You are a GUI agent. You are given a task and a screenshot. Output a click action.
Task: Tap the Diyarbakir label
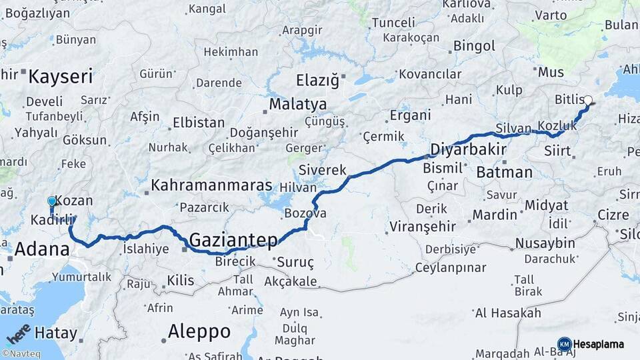pyautogui.click(x=468, y=149)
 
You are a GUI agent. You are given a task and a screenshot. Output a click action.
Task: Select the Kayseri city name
pyautogui.click(x=60, y=76)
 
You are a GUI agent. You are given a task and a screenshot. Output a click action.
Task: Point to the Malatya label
pyautogui.click(x=298, y=105)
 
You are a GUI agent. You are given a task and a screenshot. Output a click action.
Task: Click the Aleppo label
pyautogui.click(x=199, y=331)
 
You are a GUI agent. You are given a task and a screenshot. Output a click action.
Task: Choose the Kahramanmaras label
pyautogui.click(x=212, y=185)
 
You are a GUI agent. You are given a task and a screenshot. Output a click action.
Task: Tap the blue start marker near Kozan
pyautogui.click(x=52, y=201)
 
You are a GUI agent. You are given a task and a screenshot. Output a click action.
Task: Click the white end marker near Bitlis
pyautogui.click(x=587, y=101)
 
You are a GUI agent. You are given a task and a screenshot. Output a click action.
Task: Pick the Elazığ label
pyautogui.click(x=317, y=81)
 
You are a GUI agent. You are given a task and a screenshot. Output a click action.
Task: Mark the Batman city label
pyautogui.click(x=505, y=173)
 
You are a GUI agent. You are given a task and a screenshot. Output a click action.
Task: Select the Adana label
pyautogui.click(x=41, y=250)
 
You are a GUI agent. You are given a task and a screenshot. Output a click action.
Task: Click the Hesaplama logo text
pyautogui.click(x=599, y=345)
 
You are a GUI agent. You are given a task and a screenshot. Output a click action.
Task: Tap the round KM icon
pyautogui.click(x=564, y=344)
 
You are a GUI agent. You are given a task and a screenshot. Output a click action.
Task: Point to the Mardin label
pyautogui.click(x=495, y=215)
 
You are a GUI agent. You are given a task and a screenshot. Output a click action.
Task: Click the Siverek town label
pyautogui.click(x=323, y=170)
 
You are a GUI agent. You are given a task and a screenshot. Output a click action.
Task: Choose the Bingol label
pyautogui.click(x=474, y=47)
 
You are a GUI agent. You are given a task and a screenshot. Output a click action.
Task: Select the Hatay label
pyautogui.click(x=56, y=333)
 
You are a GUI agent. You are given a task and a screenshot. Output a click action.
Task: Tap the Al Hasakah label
pyautogui.click(x=508, y=313)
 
